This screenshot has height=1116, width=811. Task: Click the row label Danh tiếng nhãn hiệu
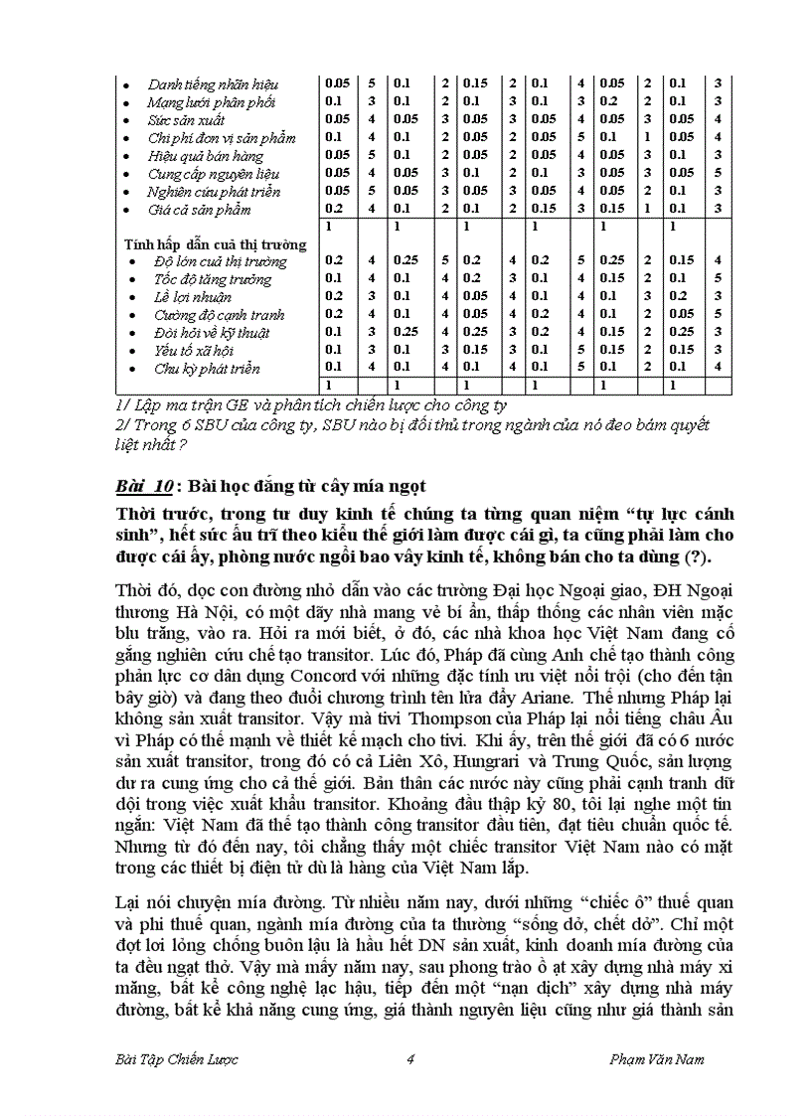[x=213, y=84]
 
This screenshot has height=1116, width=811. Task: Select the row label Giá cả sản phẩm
[x=199, y=210]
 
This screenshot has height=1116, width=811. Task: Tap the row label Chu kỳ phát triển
[x=206, y=369]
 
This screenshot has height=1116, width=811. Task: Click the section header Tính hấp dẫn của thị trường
[x=215, y=243]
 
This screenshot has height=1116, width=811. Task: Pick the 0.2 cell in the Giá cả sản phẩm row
[x=335, y=210]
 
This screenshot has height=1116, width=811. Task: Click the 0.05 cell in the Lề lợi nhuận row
[x=473, y=297]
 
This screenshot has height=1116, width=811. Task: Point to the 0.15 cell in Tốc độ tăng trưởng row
[x=612, y=279]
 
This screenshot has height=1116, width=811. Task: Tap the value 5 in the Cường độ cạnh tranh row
[x=718, y=315]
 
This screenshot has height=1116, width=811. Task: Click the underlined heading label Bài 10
[x=143, y=486]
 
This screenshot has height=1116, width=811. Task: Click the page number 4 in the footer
[x=409, y=1059]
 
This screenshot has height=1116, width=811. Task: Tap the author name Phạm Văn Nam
[x=656, y=1059]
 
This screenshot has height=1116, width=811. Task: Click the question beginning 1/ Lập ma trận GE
[x=310, y=405]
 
